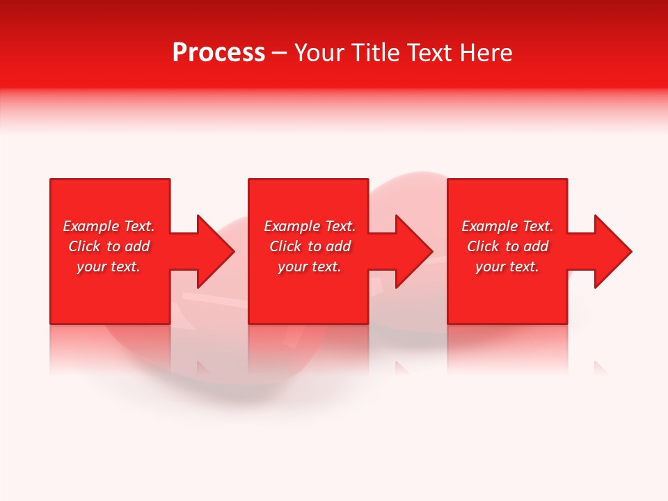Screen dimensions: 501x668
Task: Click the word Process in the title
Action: [x=218, y=53]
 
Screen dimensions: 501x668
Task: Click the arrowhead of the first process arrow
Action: [x=215, y=251]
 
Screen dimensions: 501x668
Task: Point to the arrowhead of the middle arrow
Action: [x=413, y=251]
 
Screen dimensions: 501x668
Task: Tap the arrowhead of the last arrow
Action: [x=612, y=251]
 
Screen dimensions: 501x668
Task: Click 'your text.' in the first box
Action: [x=109, y=267]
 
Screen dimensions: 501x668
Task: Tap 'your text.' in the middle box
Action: [x=310, y=267]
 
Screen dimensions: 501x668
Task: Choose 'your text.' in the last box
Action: [x=507, y=267]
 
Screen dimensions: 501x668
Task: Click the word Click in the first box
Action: [x=84, y=246]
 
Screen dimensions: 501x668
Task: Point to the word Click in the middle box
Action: [x=285, y=246]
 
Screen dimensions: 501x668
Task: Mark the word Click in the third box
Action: [x=483, y=246]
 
